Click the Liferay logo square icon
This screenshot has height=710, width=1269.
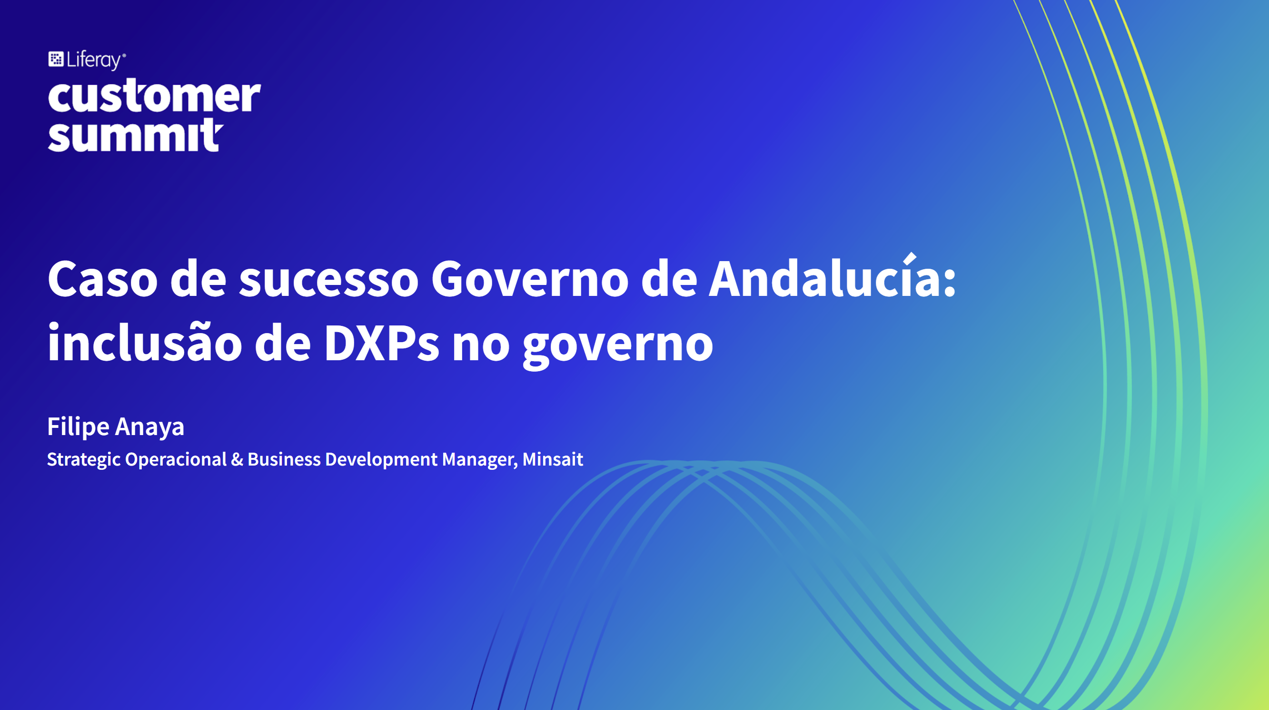point(56,59)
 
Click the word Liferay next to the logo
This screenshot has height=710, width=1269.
point(94,60)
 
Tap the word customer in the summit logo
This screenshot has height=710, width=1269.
point(154,95)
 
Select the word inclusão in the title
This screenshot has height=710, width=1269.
point(145,342)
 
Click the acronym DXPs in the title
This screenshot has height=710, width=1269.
point(381,343)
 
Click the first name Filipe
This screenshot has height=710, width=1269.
point(79,426)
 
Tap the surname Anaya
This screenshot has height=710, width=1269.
point(150,427)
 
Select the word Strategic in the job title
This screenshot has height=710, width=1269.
point(84,459)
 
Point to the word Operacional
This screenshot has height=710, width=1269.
point(176,459)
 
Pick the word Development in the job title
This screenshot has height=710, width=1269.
point(381,459)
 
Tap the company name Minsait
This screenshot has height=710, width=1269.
point(553,459)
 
